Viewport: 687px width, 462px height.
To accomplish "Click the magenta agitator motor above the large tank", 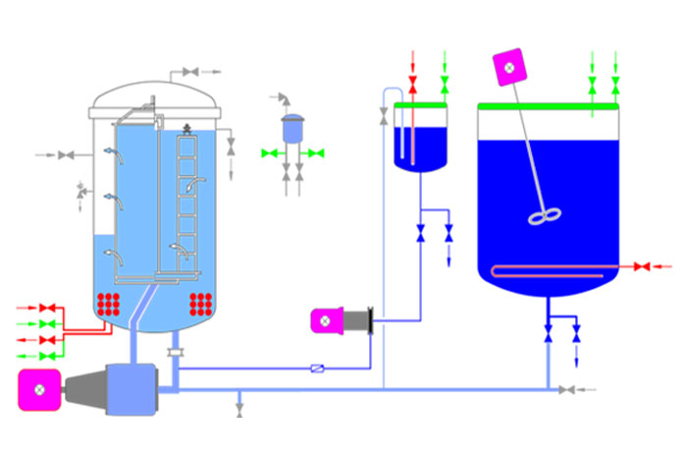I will (x=508, y=66).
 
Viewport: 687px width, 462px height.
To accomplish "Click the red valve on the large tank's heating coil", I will (x=642, y=267).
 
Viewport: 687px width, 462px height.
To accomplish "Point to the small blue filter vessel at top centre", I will (x=292, y=129).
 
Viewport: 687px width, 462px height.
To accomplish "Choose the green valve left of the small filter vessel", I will (x=269, y=153).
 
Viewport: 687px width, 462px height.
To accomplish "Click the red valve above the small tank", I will (x=413, y=82).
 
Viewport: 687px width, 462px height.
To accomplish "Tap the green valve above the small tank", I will (x=445, y=82).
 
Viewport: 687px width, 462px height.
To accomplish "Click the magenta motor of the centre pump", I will (x=325, y=320).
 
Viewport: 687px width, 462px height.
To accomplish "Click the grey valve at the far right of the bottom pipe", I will (x=567, y=390).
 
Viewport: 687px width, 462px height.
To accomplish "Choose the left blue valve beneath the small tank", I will (x=421, y=234).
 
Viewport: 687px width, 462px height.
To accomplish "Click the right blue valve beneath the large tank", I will (x=576, y=337).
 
